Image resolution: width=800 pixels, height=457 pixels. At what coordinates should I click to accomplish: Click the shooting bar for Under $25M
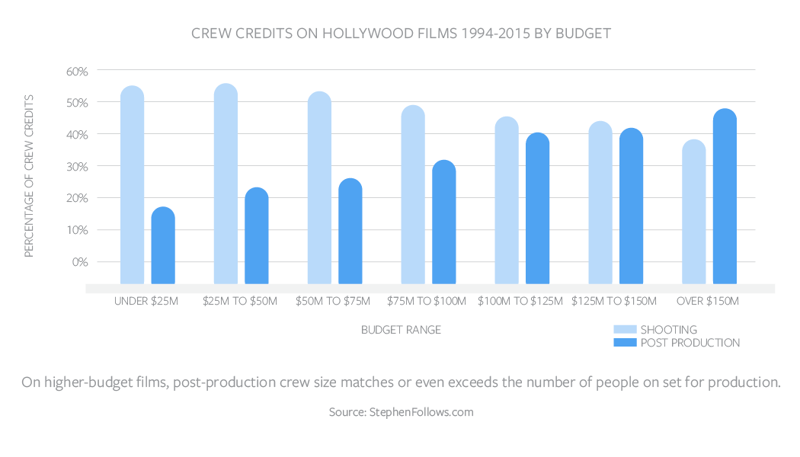[x=132, y=184]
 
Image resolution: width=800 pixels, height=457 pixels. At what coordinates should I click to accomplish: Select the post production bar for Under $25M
[x=163, y=245]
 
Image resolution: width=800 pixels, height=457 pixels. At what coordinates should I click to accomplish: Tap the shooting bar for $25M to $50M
[x=226, y=184]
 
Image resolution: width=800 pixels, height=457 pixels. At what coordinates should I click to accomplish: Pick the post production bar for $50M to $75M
[x=350, y=231]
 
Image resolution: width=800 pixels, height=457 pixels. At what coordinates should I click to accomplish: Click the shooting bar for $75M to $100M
[x=413, y=194]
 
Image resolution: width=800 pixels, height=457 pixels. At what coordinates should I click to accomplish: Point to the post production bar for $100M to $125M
[x=538, y=208]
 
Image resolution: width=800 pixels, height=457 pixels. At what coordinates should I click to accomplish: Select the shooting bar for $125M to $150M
[x=600, y=203]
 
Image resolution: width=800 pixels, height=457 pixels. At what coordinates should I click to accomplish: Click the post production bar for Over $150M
[x=725, y=197]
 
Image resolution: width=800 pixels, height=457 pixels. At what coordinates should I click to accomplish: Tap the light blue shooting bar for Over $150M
[x=694, y=212]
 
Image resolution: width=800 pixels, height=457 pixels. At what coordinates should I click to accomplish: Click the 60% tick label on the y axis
[x=77, y=72]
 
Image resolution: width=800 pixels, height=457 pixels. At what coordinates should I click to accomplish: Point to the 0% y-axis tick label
[x=80, y=262]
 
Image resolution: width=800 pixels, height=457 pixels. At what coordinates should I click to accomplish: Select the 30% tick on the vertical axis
[x=77, y=167]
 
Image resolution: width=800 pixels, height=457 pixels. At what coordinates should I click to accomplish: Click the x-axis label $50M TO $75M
[x=333, y=301]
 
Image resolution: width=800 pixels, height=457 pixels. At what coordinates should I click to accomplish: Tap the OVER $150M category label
[x=708, y=301]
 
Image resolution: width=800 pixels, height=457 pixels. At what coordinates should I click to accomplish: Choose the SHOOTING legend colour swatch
[x=625, y=330]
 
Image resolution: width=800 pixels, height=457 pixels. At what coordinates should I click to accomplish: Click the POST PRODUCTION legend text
[x=690, y=343]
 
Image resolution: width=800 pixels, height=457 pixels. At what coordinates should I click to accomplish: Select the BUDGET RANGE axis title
[x=401, y=330]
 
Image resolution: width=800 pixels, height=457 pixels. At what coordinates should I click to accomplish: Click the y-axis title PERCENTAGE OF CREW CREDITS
[x=29, y=176]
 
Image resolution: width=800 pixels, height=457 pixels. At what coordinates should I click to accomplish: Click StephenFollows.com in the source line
[x=421, y=412]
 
